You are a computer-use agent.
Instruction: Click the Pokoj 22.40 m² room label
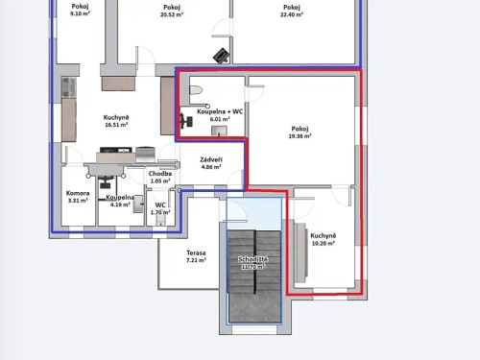click(291, 11)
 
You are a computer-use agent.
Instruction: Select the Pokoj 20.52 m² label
click(172, 11)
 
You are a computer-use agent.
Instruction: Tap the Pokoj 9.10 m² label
click(80, 10)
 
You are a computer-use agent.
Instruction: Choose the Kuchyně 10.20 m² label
click(323, 239)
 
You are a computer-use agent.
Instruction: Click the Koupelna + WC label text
click(220, 111)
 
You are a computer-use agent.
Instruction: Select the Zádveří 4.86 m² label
click(211, 162)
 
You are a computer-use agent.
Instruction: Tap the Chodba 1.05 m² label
click(159, 177)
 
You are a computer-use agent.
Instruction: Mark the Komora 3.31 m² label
click(78, 198)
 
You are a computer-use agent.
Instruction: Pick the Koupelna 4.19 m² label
click(119, 201)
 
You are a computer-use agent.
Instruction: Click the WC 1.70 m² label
click(160, 208)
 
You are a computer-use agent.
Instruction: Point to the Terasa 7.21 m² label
click(196, 256)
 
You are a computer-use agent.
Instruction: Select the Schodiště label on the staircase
click(252, 261)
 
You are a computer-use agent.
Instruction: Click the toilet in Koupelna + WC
click(195, 91)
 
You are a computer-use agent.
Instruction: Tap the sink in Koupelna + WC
click(220, 130)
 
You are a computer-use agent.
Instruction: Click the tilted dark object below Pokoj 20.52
click(220, 55)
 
